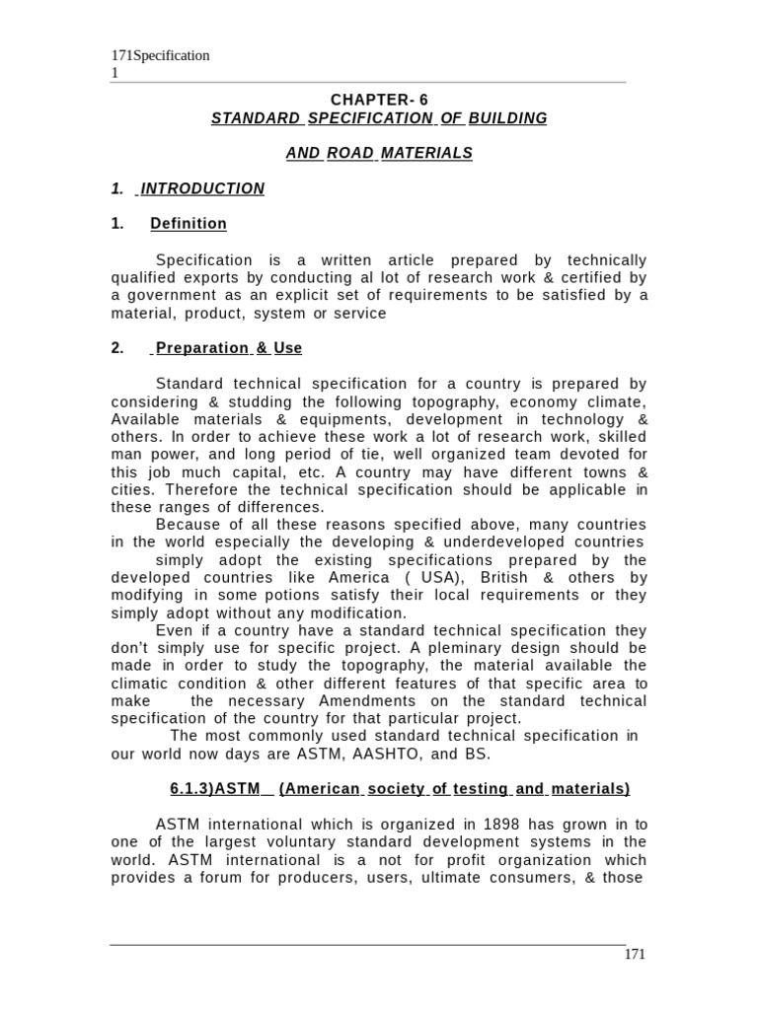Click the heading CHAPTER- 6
click(x=379, y=100)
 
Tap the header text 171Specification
click(x=159, y=55)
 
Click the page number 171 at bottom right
click(x=635, y=954)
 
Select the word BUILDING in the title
click(x=508, y=118)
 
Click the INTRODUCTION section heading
click(x=202, y=188)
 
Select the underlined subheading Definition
click(x=189, y=224)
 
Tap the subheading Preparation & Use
click(x=226, y=348)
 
